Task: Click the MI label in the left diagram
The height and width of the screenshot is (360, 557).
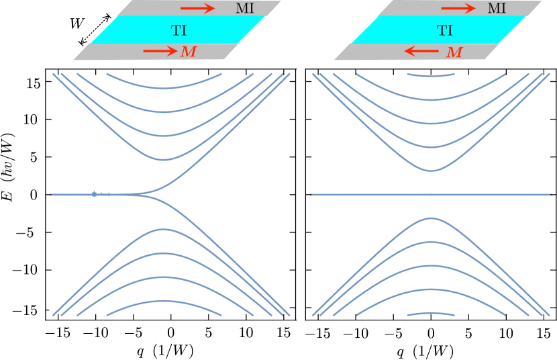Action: (245, 9)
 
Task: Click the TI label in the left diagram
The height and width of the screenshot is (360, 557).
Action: (179, 30)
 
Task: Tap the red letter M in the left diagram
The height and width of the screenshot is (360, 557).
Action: (189, 52)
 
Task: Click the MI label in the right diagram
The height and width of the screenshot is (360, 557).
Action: (497, 9)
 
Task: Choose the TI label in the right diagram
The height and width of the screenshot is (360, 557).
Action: (444, 30)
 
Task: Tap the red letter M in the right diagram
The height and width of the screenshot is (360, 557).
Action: (454, 52)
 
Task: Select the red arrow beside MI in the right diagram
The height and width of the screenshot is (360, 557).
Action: (458, 9)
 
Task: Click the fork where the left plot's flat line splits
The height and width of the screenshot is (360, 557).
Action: (145, 194)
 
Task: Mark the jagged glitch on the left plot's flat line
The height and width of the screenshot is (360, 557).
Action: (95, 194)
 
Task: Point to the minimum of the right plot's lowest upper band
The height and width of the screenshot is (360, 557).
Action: (431, 171)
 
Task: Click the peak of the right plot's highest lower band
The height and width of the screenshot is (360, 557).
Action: (431, 218)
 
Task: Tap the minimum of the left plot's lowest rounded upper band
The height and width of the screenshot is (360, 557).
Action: (164, 160)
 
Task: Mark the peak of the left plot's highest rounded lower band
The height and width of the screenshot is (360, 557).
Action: (164, 229)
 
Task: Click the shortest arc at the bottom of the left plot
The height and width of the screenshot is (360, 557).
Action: (164, 301)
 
